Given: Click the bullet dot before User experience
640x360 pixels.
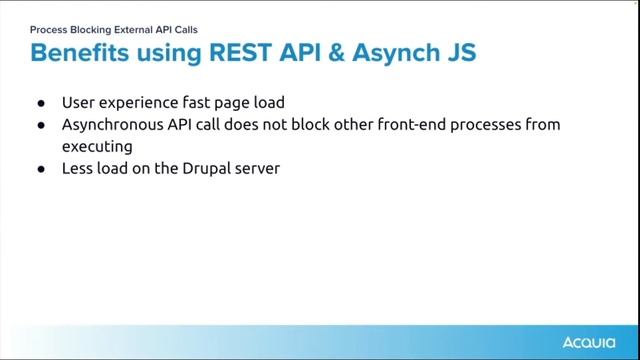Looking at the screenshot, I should tap(41, 103).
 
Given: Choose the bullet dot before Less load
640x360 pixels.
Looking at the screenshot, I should tap(41, 169).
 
